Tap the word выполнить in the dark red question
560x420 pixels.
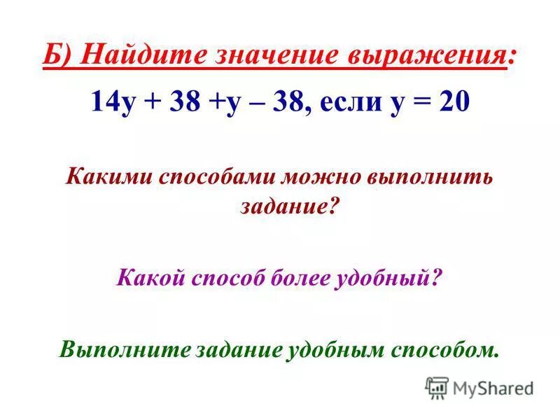[x=429, y=176]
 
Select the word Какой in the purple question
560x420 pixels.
[x=146, y=278]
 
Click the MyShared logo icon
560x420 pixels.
[x=437, y=388]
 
